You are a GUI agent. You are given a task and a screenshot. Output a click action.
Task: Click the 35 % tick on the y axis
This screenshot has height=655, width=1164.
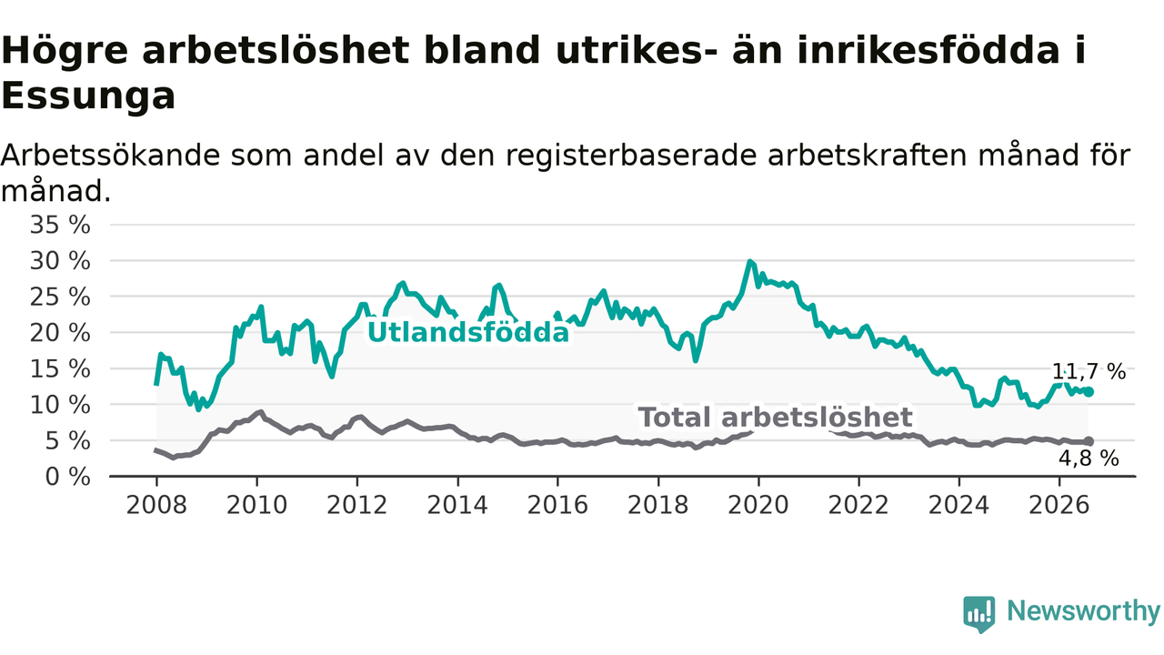tap(60, 225)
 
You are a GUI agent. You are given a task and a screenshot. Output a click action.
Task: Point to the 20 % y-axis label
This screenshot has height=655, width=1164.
tap(60, 333)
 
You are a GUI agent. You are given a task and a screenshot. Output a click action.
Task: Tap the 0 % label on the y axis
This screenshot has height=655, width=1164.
tap(68, 477)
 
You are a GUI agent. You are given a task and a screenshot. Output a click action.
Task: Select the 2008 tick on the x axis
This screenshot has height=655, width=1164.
tap(156, 505)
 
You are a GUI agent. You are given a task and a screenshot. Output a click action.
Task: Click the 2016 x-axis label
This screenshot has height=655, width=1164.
tap(557, 505)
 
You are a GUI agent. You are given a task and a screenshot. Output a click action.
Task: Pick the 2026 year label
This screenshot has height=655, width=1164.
tap(1059, 505)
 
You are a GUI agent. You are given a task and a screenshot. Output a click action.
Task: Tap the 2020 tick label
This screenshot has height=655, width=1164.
tap(758, 505)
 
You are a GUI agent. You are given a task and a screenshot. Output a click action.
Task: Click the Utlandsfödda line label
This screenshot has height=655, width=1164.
tap(468, 332)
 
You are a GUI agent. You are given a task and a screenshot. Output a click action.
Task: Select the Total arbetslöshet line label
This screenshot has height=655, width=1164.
tap(775, 418)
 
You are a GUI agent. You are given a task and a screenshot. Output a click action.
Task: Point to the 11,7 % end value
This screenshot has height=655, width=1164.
tap(1089, 372)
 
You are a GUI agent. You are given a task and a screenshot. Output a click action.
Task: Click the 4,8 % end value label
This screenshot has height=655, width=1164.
tap(1089, 458)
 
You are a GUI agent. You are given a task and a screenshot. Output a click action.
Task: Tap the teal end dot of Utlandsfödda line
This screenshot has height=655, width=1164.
tap(1089, 392)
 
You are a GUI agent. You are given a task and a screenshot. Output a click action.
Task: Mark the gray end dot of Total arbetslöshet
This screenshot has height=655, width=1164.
tap(1089, 441)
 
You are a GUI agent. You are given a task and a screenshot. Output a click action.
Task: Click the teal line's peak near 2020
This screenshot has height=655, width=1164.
tap(749, 261)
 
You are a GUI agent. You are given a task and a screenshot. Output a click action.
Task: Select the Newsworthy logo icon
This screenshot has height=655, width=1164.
tap(979, 614)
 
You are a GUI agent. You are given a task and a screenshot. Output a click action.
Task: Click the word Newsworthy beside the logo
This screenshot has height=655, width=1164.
tap(1083, 610)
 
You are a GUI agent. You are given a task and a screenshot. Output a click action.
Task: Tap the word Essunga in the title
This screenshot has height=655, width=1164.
tap(88, 96)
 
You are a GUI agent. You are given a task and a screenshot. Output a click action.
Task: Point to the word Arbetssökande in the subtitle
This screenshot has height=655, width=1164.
tap(110, 156)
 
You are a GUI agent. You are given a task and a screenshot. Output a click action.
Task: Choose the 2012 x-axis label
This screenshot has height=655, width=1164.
tap(357, 505)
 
